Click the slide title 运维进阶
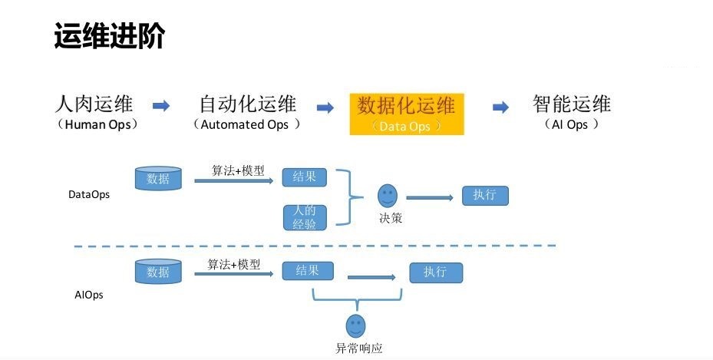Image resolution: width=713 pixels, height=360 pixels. (x=109, y=36)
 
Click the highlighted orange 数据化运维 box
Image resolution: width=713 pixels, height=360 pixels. (x=406, y=114)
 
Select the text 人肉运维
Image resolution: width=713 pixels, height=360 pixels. (x=95, y=104)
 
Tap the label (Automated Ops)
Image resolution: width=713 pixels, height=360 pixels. (x=246, y=124)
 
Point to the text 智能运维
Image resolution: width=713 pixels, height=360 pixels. (x=572, y=104)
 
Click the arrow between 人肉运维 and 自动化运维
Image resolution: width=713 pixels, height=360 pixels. (x=160, y=106)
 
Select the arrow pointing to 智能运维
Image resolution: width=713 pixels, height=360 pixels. (x=500, y=107)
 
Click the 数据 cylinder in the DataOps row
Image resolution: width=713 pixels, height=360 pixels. (x=158, y=179)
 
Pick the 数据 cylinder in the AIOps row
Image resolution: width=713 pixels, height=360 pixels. (x=158, y=271)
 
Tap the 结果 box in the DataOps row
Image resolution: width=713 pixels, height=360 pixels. (x=304, y=177)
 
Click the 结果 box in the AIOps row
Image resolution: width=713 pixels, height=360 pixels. (x=307, y=271)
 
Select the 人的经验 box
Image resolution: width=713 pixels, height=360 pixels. (x=304, y=216)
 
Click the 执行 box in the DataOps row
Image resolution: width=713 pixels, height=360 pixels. (x=485, y=195)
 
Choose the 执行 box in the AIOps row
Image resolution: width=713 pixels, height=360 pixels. (x=436, y=272)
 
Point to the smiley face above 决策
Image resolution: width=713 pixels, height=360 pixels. (x=388, y=195)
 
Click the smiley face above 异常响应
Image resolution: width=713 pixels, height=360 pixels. (x=355, y=325)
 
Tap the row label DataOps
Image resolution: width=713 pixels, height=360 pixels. (x=89, y=195)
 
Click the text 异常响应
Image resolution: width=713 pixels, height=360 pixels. (x=358, y=348)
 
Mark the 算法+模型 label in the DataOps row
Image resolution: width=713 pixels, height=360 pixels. (x=239, y=170)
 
